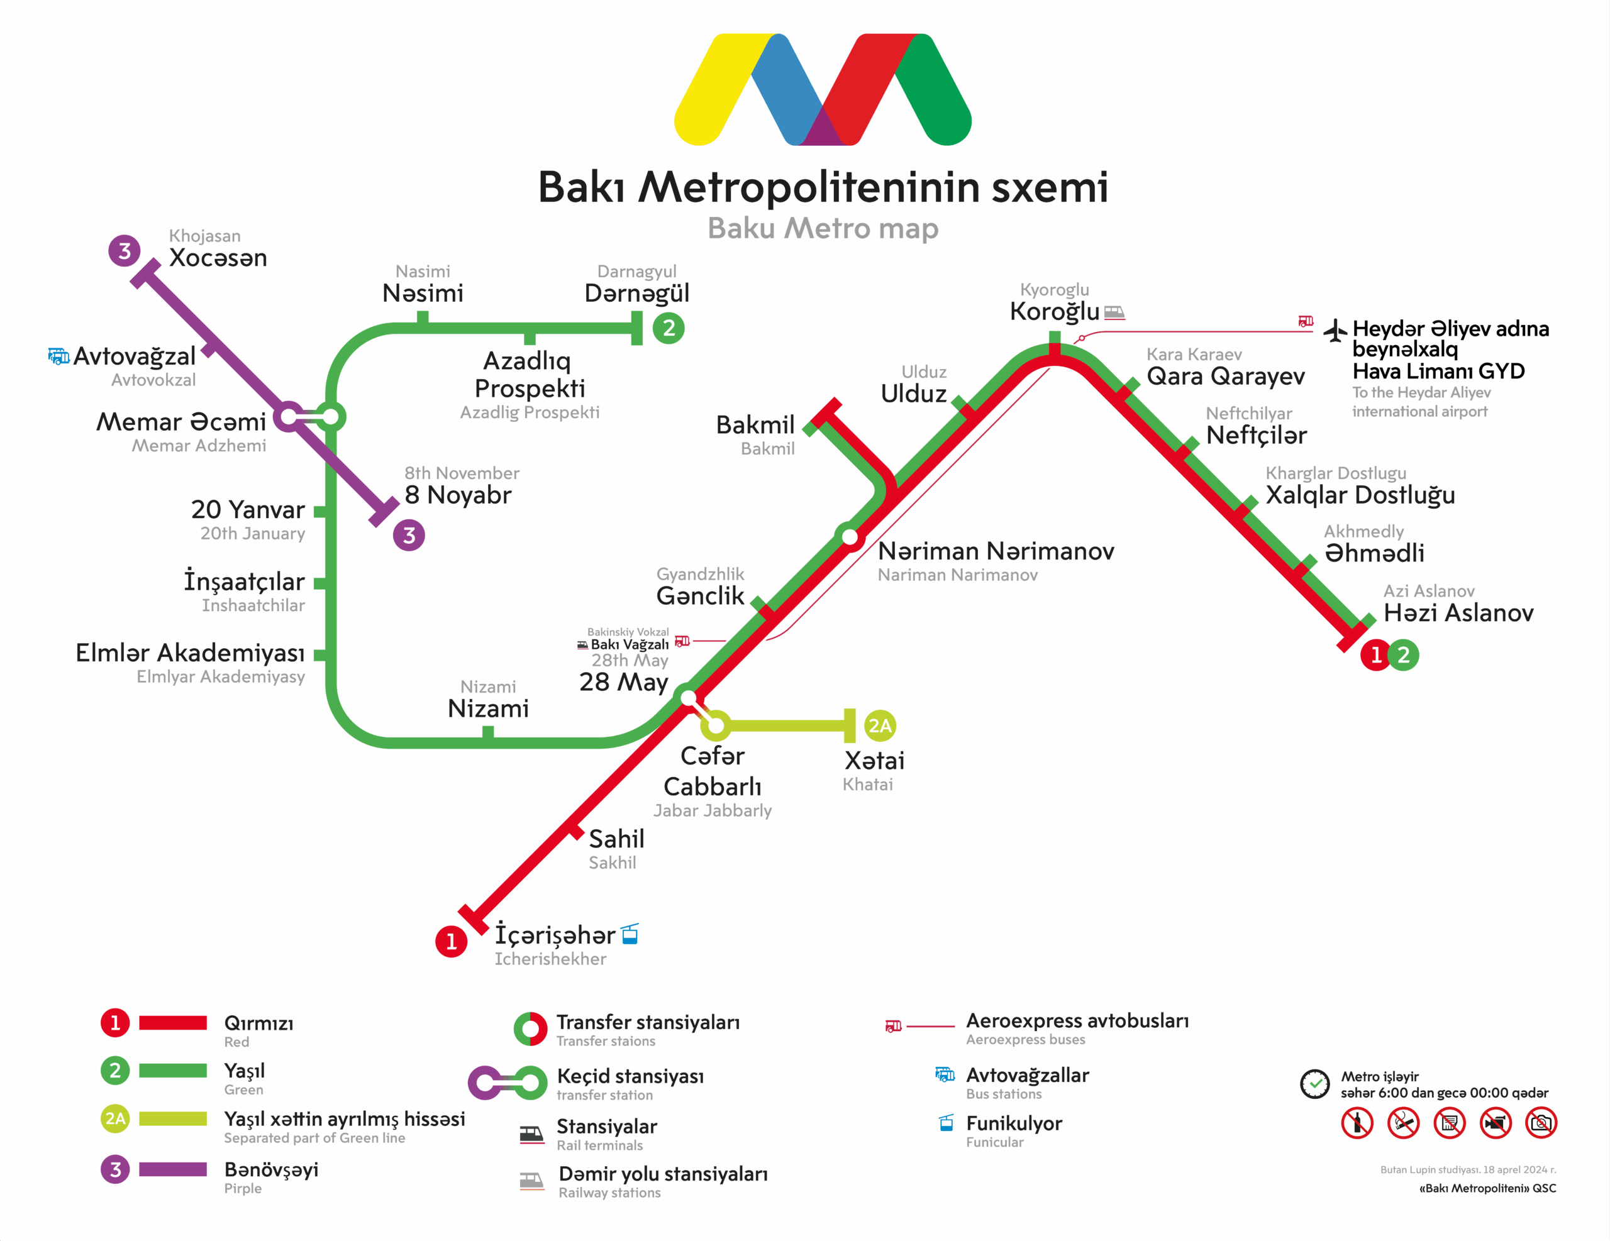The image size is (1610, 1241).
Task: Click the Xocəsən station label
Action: point(218,258)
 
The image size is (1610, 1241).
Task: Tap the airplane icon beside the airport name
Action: point(1335,330)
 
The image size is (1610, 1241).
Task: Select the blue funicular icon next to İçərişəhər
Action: point(630,934)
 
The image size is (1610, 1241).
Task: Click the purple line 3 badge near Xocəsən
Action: point(125,251)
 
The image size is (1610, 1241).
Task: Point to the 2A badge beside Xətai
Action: point(879,726)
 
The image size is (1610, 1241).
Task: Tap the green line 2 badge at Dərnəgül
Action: point(669,328)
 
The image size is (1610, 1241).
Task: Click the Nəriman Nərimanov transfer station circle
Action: point(850,536)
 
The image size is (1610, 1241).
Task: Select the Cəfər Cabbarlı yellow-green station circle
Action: point(715,726)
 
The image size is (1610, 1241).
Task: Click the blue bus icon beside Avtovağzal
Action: point(58,356)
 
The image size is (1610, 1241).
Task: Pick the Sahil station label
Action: point(616,839)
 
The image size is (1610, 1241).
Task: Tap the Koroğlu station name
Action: point(1054,311)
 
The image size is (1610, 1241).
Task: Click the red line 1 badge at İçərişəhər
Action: point(451,941)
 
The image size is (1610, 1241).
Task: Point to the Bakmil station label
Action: point(755,425)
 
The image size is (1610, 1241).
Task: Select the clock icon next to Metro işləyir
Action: point(1314,1084)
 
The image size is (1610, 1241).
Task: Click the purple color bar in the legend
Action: point(172,1169)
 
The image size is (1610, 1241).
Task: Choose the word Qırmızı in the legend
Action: point(258,1023)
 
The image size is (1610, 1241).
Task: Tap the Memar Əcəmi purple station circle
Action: point(289,417)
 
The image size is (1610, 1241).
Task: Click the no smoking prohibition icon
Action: point(1403,1123)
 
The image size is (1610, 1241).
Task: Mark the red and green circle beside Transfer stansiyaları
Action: point(530,1029)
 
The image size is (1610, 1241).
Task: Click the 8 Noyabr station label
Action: point(458,495)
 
